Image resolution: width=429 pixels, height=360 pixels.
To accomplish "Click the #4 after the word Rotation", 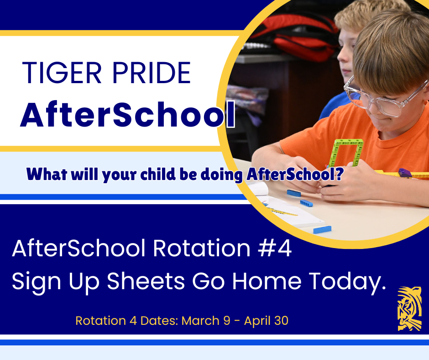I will [x=277, y=249].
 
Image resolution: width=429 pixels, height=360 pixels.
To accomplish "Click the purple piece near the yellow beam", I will [x=404, y=173].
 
